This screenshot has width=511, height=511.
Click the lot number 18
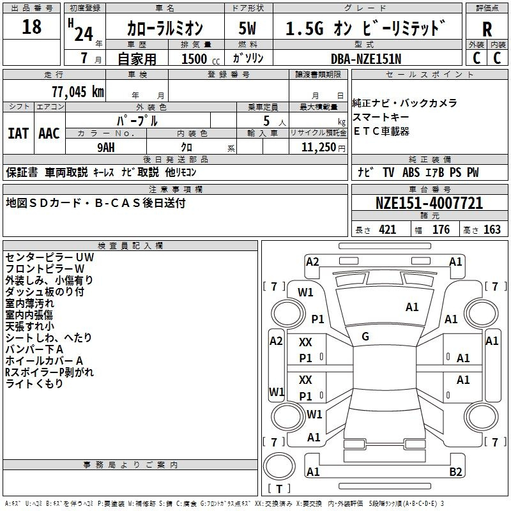pos(31,26)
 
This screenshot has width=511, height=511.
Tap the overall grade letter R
pos(487,29)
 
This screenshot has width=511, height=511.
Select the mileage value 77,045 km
pos(78,91)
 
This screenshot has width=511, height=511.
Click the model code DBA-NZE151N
pos(366,59)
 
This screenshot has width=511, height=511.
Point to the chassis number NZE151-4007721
pos(429,203)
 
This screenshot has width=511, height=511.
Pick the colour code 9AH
pos(106,148)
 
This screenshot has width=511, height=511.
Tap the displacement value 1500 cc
pos(201,59)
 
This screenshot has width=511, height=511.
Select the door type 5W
pos(247,28)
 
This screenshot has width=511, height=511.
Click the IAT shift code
pos(18,133)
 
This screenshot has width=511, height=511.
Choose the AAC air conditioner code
pos(49,133)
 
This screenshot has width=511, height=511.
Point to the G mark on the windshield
pos(365,337)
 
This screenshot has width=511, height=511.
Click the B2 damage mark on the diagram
pos(455,471)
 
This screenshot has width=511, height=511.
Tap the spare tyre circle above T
pos(279,466)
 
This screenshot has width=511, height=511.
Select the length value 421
pos(388,230)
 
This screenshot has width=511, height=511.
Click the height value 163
pos(492,230)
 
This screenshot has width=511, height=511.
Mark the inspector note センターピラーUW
pos(50,257)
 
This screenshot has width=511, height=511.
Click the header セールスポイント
pos(429,75)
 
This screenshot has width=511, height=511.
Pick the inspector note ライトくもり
pos(34,384)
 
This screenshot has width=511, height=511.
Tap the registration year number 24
pos(84,34)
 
